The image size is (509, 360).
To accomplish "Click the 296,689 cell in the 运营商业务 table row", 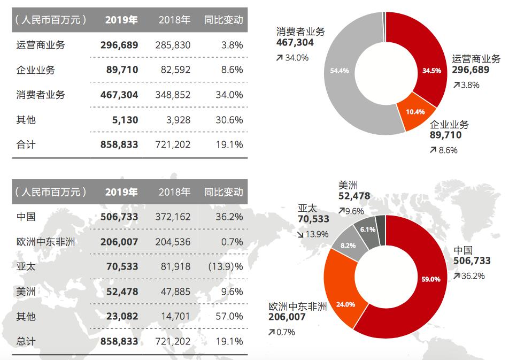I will coord(119,45).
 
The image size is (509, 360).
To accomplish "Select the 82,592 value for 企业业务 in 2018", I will coord(174,70).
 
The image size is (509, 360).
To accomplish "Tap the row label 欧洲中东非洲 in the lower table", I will coord(45,242).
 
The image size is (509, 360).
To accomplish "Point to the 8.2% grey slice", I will coord(348,246).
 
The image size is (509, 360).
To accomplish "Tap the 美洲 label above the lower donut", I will coord(348,185).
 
